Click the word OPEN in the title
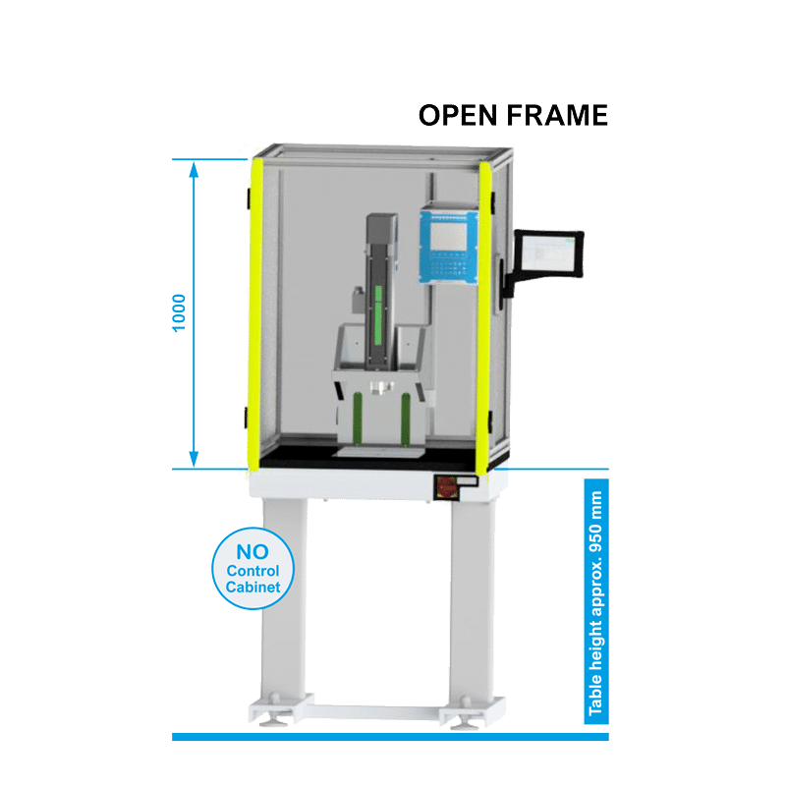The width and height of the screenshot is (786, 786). (458, 115)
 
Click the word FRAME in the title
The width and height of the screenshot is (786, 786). (557, 115)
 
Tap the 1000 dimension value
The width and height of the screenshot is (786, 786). (179, 313)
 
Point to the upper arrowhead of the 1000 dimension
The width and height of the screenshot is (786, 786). (194, 169)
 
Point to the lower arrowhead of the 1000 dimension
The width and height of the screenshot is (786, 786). (194, 459)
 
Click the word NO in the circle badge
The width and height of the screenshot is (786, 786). (253, 552)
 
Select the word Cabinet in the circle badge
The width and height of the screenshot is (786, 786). (253, 587)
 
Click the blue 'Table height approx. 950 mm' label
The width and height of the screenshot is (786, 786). (596, 601)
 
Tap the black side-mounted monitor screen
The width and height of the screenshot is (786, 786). (549, 253)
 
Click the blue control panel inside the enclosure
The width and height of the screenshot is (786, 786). (449, 248)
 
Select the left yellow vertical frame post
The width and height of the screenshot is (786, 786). (255, 315)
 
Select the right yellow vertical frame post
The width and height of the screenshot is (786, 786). (484, 317)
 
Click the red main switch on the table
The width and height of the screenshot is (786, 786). (445, 487)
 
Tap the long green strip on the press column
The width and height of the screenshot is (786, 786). (378, 315)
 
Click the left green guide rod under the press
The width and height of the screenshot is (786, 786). (358, 420)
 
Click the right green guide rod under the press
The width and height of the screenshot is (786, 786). (406, 420)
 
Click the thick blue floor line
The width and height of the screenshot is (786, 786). (390, 737)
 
